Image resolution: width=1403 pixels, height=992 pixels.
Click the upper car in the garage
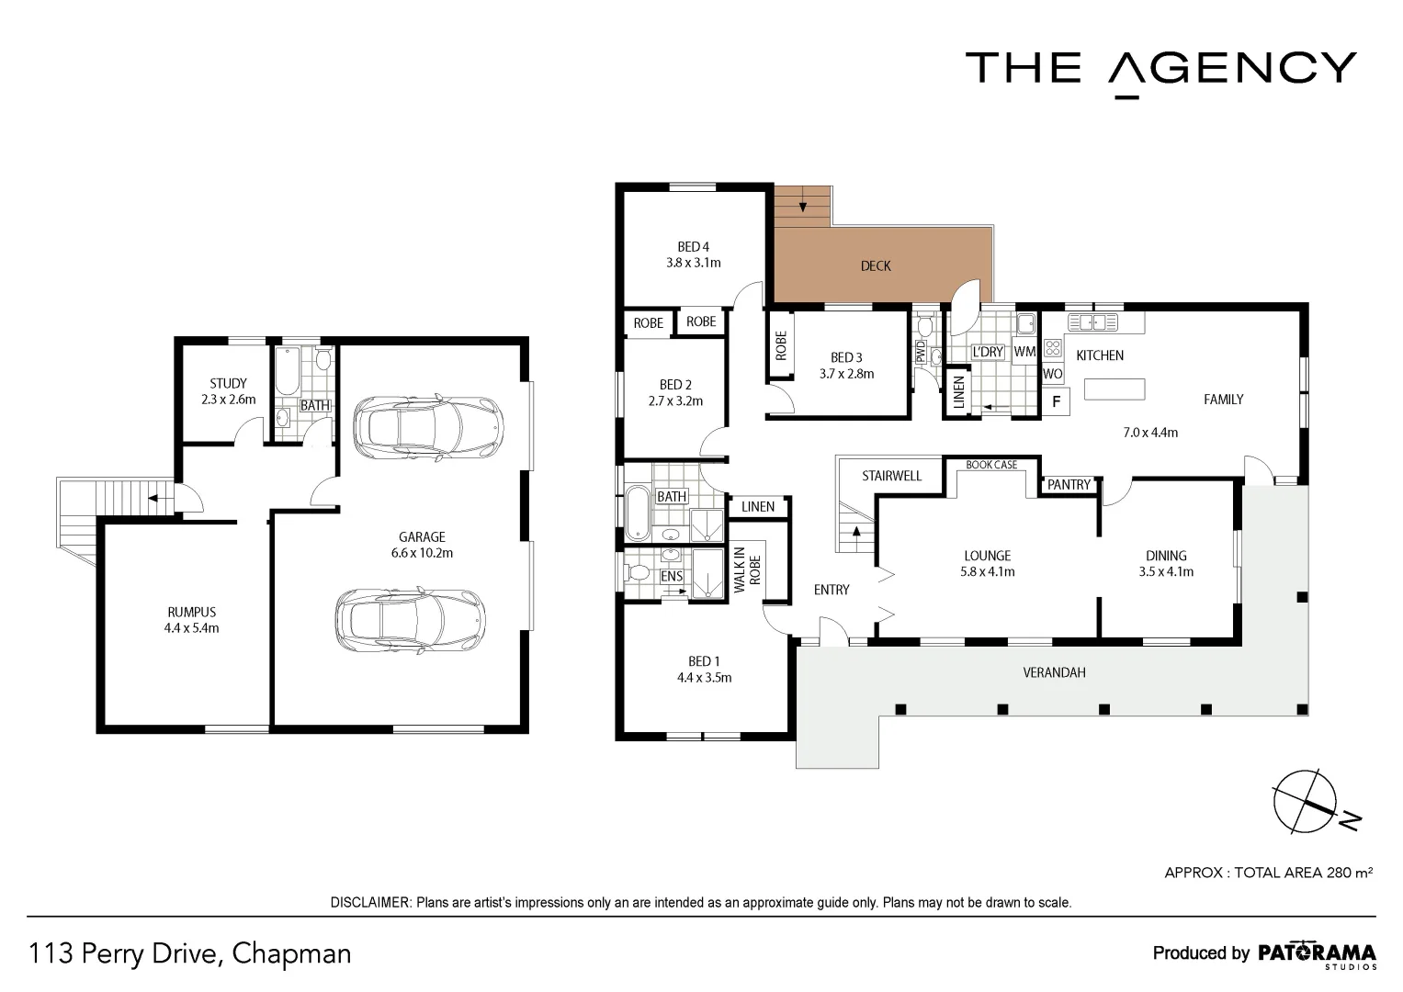click(429, 428)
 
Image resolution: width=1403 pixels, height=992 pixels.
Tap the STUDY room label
click(228, 383)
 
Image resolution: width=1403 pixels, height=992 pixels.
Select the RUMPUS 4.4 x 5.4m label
click(192, 620)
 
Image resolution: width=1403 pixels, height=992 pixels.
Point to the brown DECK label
click(876, 265)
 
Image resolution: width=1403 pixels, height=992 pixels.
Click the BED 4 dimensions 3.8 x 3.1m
click(694, 263)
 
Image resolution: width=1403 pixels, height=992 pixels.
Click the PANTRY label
click(1069, 484)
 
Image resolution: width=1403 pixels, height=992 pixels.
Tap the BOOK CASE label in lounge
click(991, 465)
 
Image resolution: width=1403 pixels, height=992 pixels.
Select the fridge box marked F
click(1056, 401)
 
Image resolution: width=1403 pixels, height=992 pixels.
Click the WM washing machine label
click(1024, 352)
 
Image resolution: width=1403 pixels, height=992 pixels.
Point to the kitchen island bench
click(1115, 389)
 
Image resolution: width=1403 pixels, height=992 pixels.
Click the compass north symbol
click(1305, 801)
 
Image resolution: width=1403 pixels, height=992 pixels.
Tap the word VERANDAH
click(1054, 672)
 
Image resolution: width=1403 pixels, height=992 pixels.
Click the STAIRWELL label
click(891, 476)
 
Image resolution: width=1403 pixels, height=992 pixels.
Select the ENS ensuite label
click(672, 576)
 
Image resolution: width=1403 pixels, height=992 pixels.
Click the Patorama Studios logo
click(1316, 953)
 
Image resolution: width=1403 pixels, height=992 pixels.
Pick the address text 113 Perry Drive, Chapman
click(190, 953)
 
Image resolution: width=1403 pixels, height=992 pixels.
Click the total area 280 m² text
click(1268, 873)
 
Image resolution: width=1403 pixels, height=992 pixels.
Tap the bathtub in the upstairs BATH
click(637, 514)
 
